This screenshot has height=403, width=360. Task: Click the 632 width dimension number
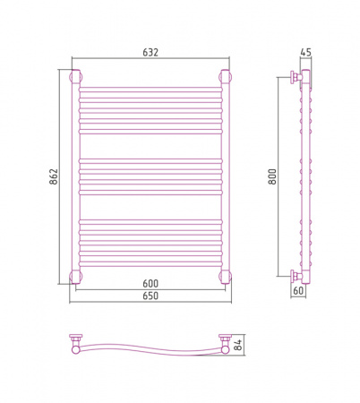pos(150,52)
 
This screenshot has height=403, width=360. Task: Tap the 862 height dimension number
pos(54,176)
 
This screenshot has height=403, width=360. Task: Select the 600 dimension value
pos(150,284)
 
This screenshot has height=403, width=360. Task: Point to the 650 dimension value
pos(150,296)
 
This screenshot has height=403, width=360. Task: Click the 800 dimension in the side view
pos(272,176)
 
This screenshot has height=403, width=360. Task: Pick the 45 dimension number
pos(305,52)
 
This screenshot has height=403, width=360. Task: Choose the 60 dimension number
pos(298,290)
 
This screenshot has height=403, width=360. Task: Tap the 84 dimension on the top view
pos(238,345)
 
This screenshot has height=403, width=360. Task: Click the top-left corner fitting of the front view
pos(75,76)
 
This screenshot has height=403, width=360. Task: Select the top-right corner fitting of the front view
pos(226,76)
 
